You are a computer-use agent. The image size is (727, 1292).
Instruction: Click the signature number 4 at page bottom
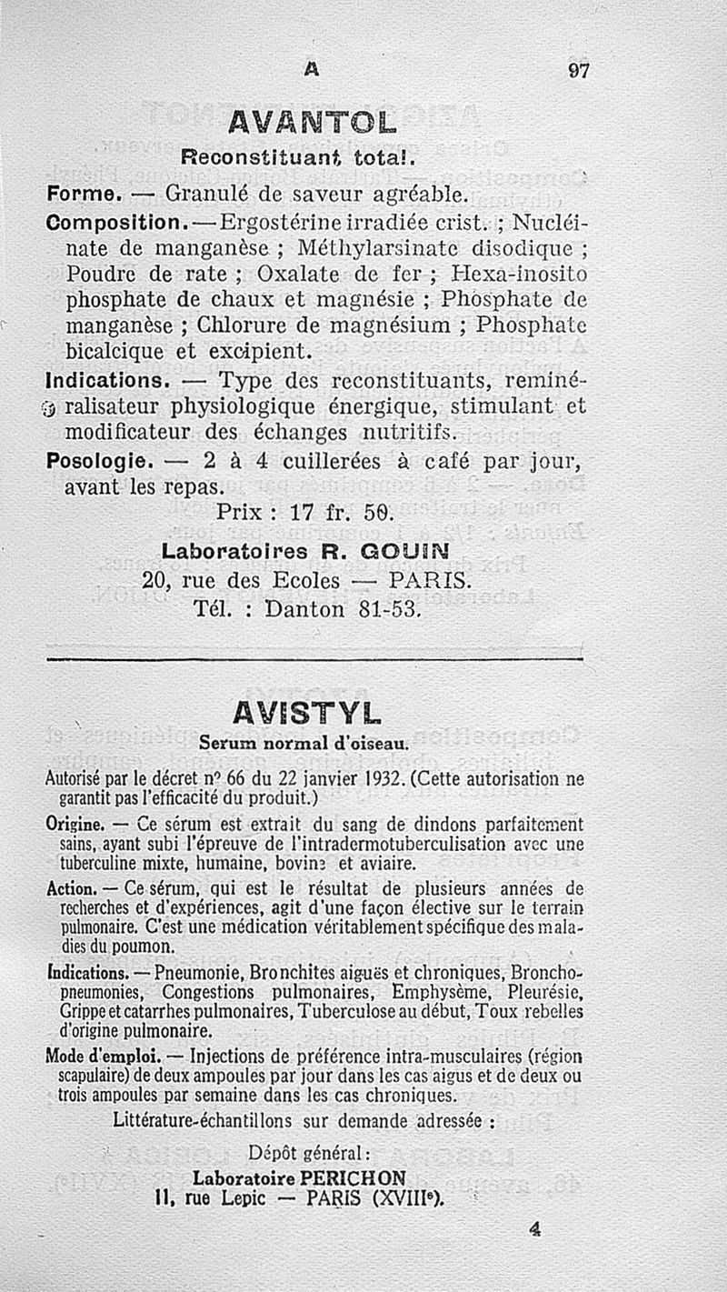click(534, 1228)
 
